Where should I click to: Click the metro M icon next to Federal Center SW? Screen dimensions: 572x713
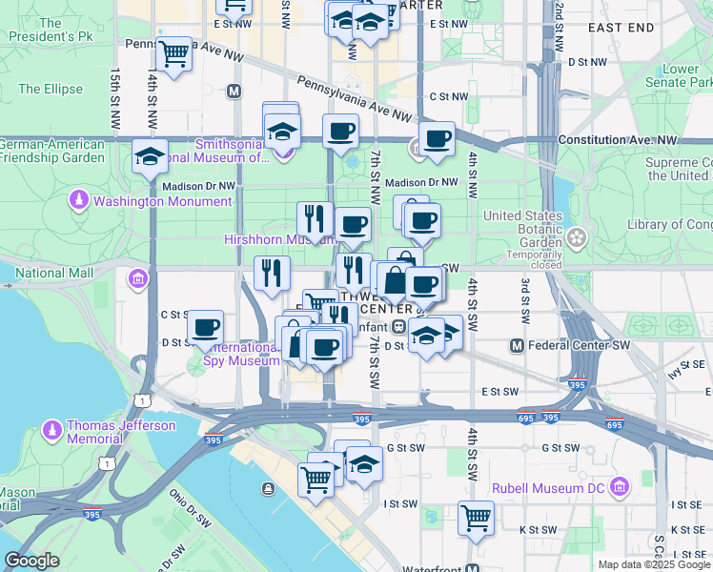pos(517,344)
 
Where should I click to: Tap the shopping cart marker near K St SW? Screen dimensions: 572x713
pos(476,519)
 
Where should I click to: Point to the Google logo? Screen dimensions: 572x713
pos(31,561)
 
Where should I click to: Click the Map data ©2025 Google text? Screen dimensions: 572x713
pos(653,564)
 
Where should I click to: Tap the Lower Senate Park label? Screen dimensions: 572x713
pos(681,76)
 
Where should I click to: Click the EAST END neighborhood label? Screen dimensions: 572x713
pos(621,29)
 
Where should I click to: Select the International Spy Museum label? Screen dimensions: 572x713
pos(239,355)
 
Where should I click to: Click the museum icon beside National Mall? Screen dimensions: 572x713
pos(138,279)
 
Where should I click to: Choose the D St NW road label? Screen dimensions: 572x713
pos(587,62)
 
